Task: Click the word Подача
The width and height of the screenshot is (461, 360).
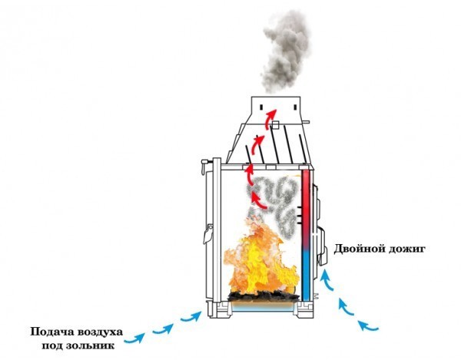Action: [x=51, y=332]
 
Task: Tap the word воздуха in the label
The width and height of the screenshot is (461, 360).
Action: [x=100, y=332]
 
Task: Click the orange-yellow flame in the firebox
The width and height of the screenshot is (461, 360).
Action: [x=260, y=259]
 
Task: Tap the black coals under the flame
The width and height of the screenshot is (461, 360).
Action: [x=263, y=296]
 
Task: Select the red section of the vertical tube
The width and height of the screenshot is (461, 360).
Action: [x=306, y=209]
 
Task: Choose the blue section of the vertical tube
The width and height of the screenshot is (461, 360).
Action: [x=306, y=275]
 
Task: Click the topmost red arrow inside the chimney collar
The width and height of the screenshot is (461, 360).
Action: [x=270, y=118]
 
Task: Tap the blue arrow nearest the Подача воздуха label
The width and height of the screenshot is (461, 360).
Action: [x=134, y=338]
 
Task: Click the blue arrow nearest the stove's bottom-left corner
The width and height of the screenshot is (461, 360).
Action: [x=191, y=317]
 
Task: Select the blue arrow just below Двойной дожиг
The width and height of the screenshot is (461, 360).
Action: [x=327, y=280]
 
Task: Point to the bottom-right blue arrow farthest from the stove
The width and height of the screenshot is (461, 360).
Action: [x=367, y=325]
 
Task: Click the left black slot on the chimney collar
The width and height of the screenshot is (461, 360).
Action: [x=261, y=107]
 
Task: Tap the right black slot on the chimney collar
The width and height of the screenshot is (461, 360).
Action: [x=296, y=107]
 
